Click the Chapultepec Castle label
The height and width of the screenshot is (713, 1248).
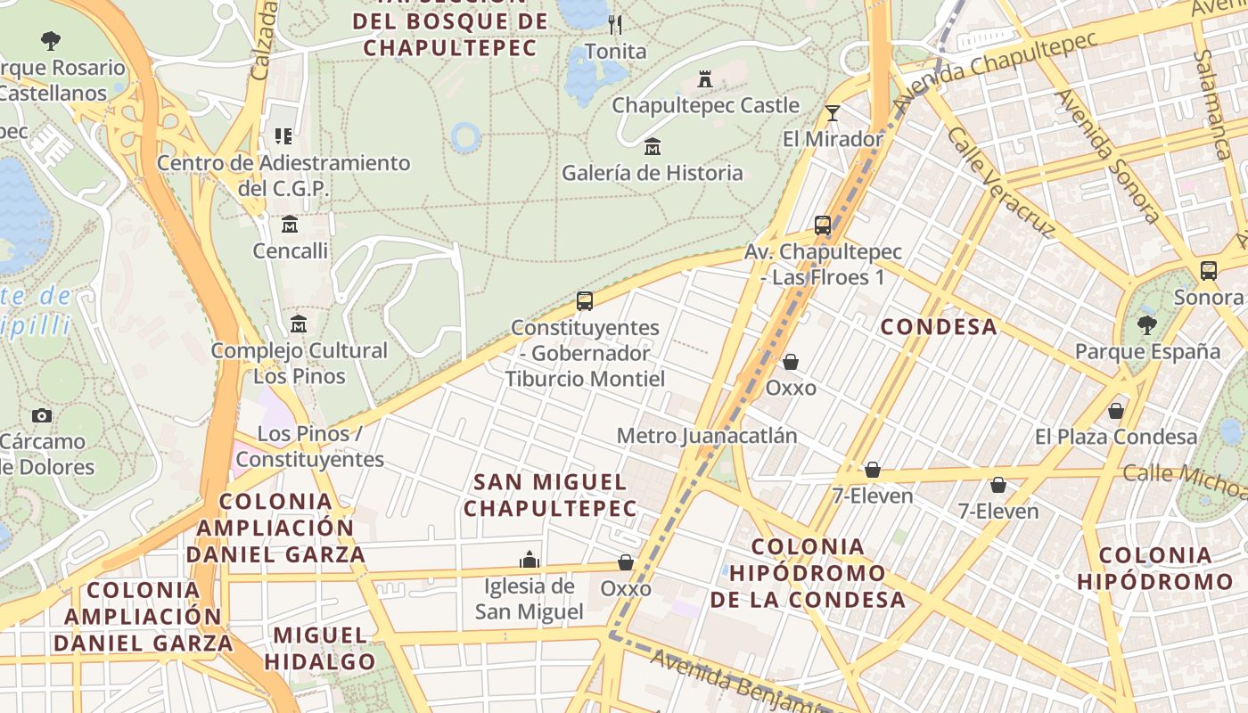pos(705,105)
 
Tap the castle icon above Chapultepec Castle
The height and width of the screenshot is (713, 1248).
pos(705,79)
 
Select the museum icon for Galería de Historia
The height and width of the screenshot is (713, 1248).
pos(653,146)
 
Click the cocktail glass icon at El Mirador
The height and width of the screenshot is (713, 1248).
pos(833,112)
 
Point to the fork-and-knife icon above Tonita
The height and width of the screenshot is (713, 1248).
pos(615,24)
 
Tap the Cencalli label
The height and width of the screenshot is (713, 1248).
pos(291,250)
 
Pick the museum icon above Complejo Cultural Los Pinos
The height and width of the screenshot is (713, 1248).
pos(299,324)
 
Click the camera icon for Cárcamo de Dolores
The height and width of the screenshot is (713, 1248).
pos(41,415)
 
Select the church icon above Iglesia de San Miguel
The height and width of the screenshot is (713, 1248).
pos(530,560)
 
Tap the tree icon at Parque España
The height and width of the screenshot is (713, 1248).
pos(1147,324)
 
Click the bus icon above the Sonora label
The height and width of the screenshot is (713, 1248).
pos(1209,271)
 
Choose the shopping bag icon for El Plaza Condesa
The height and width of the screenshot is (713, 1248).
pos(1115,411)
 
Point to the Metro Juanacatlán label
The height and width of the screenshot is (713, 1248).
pos(707,436)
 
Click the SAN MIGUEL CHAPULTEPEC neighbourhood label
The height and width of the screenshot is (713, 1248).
pos(550,496)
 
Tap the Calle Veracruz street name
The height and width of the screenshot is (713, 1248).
pos(999,181)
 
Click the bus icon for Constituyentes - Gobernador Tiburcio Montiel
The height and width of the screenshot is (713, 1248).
pos(585,301)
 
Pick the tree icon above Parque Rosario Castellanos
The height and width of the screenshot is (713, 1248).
pos(51,40)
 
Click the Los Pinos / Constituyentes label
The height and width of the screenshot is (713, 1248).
pos(310,447)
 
